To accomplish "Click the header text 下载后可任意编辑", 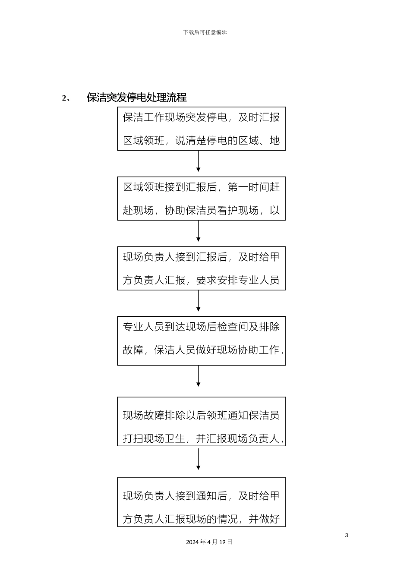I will (x=205, y=32).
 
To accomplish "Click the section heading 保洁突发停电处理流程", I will (x=137, y=98).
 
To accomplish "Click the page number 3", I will (x=346, y=536).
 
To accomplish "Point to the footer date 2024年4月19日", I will (x=209, y=542).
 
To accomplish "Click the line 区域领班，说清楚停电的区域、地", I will (x=201, y=141).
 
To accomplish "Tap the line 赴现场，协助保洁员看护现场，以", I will (x=201, y=211).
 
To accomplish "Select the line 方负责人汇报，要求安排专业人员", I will (x=201, y=281).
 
